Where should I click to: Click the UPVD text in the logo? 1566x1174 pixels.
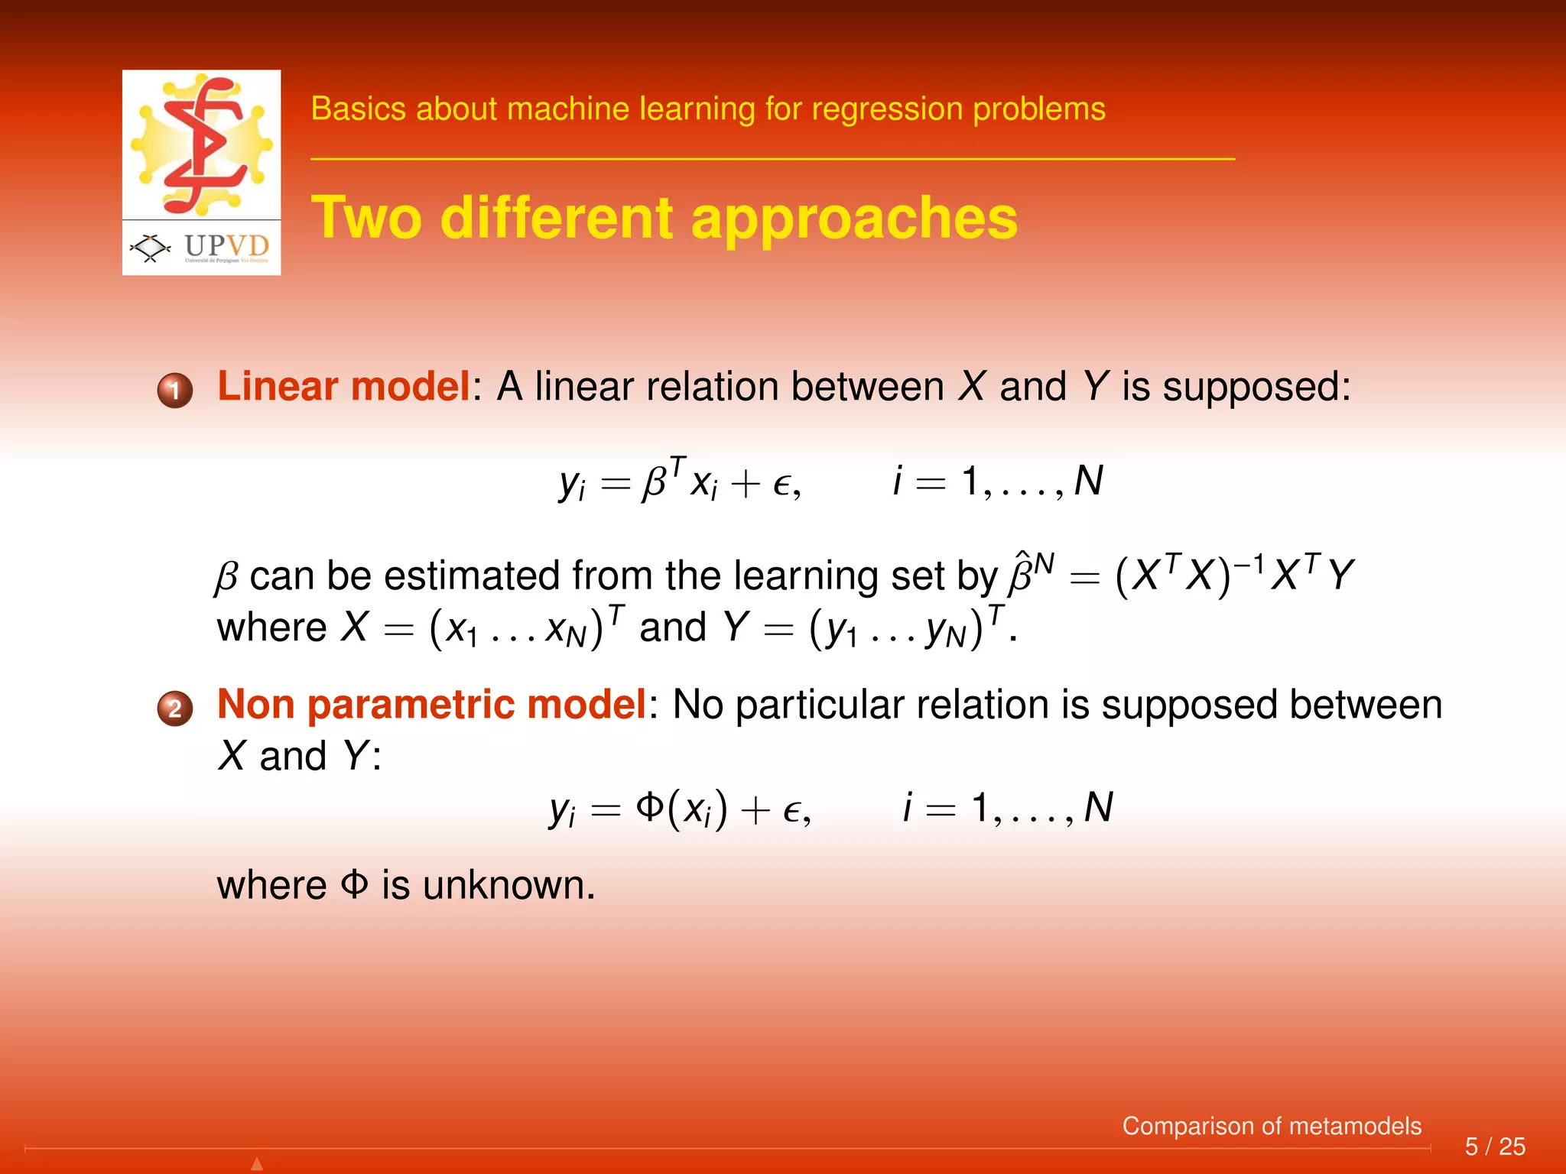point(226,246)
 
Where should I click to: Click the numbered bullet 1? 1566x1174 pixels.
point(175,391)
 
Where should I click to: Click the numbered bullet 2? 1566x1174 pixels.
point(175,709)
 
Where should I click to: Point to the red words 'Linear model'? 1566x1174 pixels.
point(343,387)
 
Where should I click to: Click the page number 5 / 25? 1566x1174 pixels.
point(1495,1146)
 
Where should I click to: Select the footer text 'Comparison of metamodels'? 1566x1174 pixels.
point(1272,1126)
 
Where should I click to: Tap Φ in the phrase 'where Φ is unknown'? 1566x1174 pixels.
point(354,885)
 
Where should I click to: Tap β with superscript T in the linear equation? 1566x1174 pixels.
point(662,479)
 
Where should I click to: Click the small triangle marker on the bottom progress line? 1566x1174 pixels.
point(257,1164)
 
